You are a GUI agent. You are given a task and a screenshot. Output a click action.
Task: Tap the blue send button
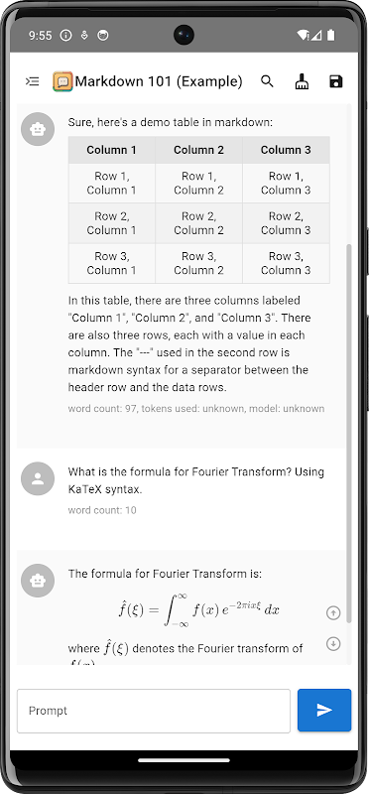pos(324,710)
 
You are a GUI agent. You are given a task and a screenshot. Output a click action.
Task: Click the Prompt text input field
pos(154,711)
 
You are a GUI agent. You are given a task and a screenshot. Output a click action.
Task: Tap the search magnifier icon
pos(267,81)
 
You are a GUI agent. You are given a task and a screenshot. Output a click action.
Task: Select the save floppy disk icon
pos(336,81)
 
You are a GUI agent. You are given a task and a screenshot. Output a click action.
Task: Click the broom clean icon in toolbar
pos(302,81)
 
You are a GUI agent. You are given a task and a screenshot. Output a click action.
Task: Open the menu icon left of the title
pos(33,81)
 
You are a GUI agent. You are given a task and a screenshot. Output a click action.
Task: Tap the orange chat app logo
pos(62,81)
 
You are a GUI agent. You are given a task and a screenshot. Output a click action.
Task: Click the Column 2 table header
pos(198,150)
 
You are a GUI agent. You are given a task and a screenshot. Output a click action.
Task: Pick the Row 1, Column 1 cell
pos(111,183)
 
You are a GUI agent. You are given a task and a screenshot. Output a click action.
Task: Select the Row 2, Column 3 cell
pos(286,222)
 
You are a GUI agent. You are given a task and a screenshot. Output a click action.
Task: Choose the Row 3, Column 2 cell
pos(198,263)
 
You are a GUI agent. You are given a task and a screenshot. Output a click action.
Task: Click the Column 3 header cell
pos(286,150)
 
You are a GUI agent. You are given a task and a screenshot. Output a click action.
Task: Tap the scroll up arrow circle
pos(333,612)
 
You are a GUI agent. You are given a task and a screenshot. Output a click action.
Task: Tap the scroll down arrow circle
pos(333,643)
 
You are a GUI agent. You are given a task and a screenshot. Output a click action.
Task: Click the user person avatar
pos(38,479)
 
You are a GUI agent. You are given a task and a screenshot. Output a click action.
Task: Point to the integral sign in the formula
pos(168,610)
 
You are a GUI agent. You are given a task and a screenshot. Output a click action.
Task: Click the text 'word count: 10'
pos(102,510)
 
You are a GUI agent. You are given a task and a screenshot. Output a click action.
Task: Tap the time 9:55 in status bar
pos(41,36)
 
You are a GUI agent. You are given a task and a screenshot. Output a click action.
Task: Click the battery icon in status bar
pos(331,35)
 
